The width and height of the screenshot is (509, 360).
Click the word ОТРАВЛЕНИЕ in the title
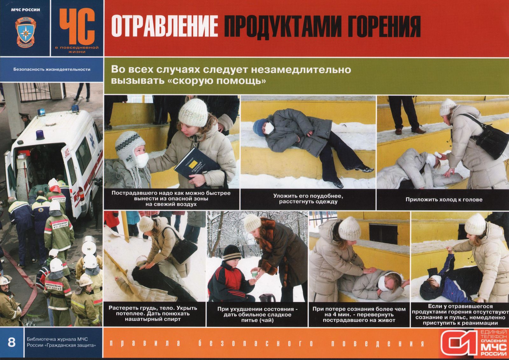tap(164, 26)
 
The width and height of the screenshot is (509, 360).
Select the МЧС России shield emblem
tap(25, 32)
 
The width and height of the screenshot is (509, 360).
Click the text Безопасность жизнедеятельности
tap(52, 69)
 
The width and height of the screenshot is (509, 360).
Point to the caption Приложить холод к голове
tap(444, 200)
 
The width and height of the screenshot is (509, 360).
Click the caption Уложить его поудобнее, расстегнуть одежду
tap(308, 199)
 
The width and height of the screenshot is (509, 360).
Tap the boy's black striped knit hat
tap(232, 253)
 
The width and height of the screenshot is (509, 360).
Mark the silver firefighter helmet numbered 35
tap(89, 246)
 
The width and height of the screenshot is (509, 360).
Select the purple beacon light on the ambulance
tap(40, 135)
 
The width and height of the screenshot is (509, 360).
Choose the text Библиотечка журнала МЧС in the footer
tap(57, 339)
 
